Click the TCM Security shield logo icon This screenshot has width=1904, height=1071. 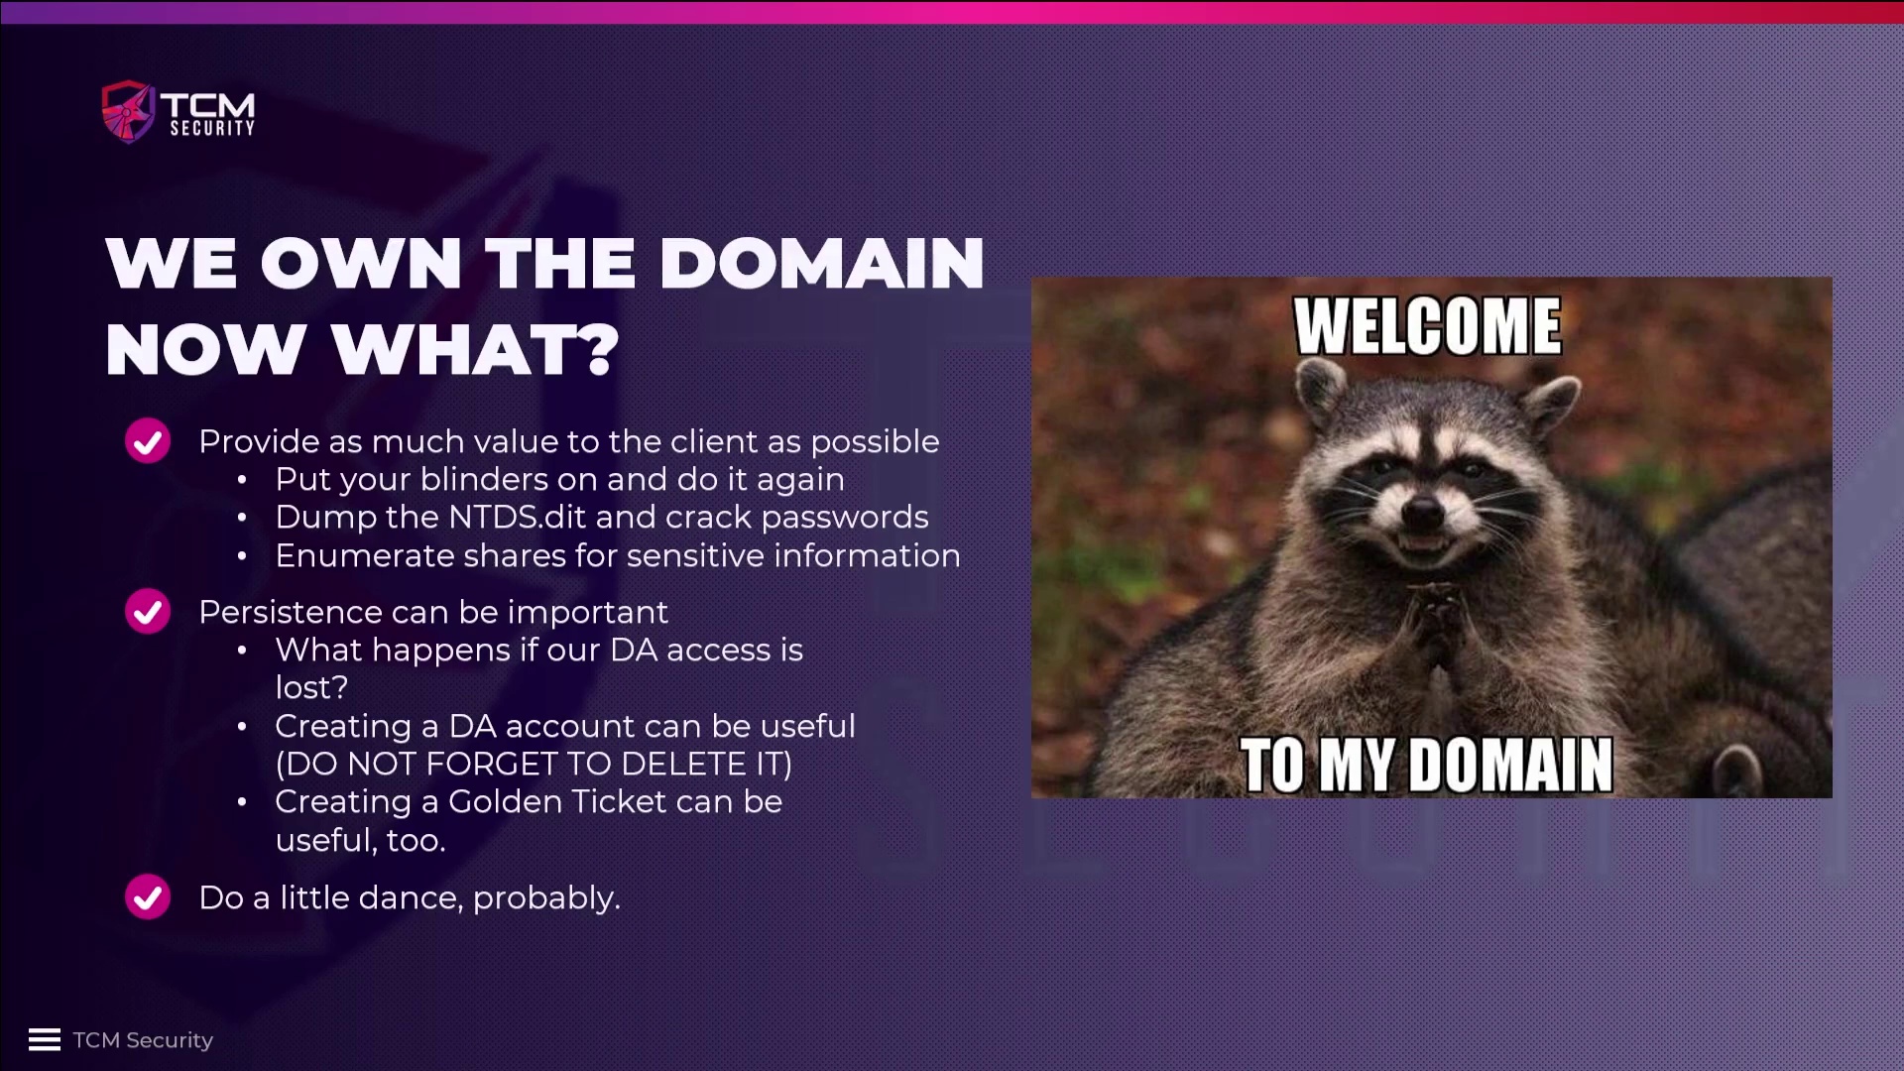point(129,111)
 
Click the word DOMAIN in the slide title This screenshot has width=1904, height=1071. point(821,264)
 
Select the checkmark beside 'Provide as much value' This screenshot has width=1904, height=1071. point(148,441)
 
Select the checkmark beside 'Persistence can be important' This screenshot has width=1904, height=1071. point(148,612)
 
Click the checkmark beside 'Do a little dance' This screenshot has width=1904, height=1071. point(148,897)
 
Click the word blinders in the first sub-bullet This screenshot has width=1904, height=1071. point(484,480)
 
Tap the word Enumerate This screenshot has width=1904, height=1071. point(364,556)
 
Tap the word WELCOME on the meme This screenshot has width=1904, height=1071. point(1428,326)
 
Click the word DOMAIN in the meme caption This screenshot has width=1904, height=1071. point(1511,765)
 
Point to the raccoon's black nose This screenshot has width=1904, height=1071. point(1424,513)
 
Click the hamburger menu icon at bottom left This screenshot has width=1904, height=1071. point(45,1039)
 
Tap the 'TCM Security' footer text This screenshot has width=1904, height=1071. point(143,1040)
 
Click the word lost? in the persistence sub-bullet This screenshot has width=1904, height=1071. point(311,688)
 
